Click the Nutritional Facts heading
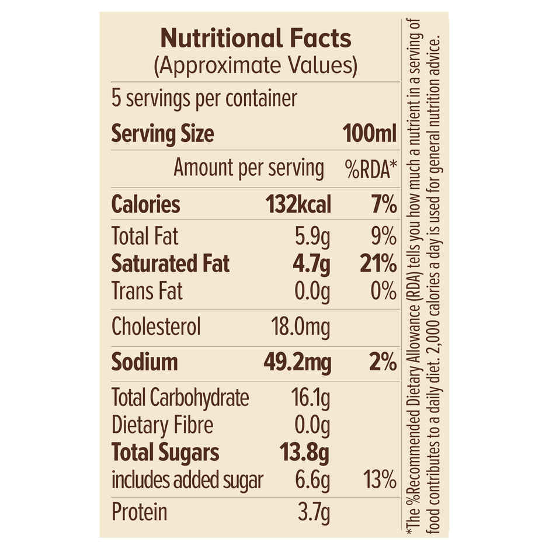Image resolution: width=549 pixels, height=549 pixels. click(255, 39)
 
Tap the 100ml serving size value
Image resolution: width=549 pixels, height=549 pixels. click(370, 134)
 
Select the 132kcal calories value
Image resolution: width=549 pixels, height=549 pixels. click(298, 205)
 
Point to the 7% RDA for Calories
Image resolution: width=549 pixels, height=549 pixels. click(383, 205)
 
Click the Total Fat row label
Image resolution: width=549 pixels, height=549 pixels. click(145, 237)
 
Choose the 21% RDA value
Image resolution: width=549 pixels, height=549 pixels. click(377, 263)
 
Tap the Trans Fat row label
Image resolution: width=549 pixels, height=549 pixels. click(147, 290)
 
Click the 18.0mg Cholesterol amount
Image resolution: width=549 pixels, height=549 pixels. click(300, 326)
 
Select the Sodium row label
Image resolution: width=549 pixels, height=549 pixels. click(144, 362)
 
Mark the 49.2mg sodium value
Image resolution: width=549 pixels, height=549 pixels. click(297, 362)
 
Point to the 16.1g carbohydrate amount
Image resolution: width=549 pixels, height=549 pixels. click(310, 398)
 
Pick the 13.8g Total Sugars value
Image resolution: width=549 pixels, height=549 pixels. click(305, 453)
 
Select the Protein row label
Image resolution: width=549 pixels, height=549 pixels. click(139, 512)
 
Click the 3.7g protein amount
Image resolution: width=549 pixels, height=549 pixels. click(313, 512)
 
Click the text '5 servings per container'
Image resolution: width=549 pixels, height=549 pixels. click(204, 98)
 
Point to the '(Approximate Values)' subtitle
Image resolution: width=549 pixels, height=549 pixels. click(255, 66)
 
